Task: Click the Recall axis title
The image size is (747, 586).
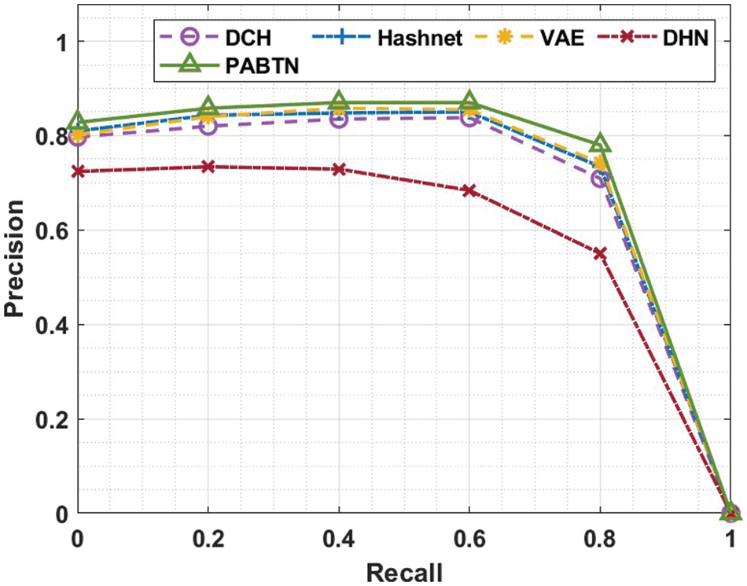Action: click(403, 569)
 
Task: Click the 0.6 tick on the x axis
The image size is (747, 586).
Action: click(469, 539)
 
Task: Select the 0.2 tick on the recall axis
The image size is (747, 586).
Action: click(208, 539)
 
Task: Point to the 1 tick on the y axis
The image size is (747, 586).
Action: click(59, 42)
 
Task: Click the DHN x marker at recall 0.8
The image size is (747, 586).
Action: click(600, 253)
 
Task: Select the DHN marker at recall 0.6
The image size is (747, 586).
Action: click(469, 190)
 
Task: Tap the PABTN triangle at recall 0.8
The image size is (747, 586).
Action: click(600, 144)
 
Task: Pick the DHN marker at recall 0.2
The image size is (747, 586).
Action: click(208, 167)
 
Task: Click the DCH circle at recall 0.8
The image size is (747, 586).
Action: click(600, 179)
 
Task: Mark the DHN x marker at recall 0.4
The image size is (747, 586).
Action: click(339, 169)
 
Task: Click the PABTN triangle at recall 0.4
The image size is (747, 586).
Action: click(339, 101)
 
